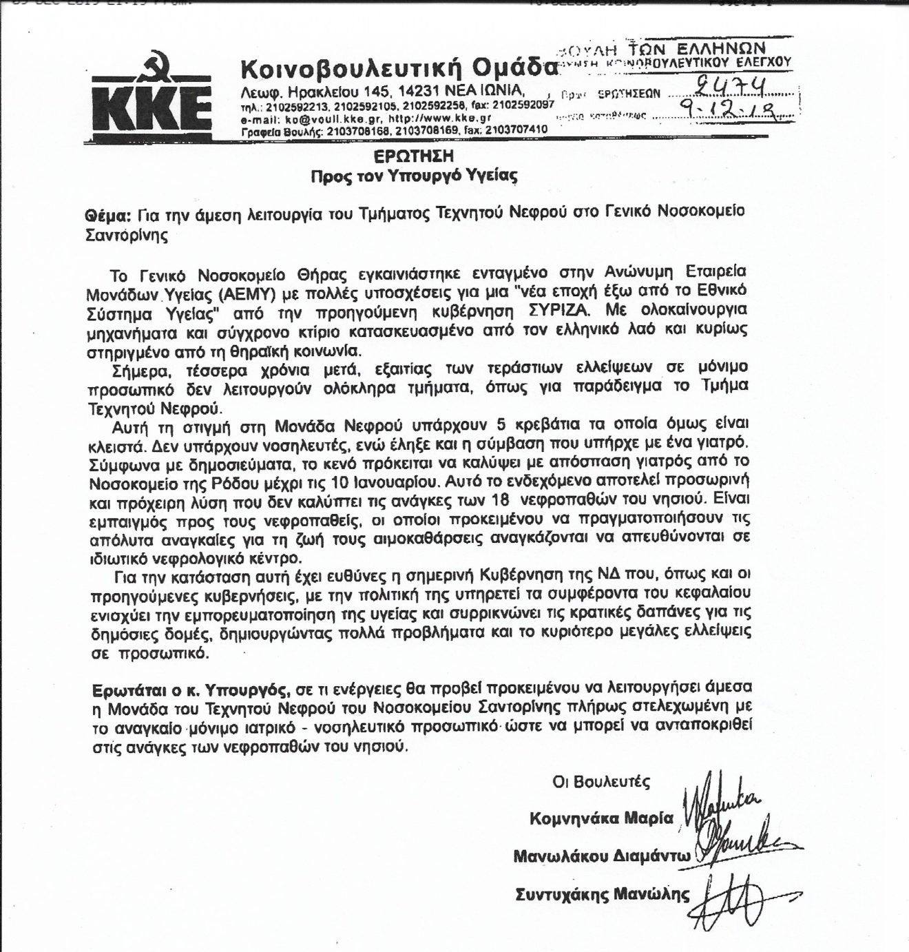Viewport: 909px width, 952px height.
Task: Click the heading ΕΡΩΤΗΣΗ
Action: [x=413, y=156]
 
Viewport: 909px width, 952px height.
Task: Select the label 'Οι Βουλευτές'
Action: [x=602, y=782]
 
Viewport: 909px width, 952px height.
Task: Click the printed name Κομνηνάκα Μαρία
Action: [x=600, y=818]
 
